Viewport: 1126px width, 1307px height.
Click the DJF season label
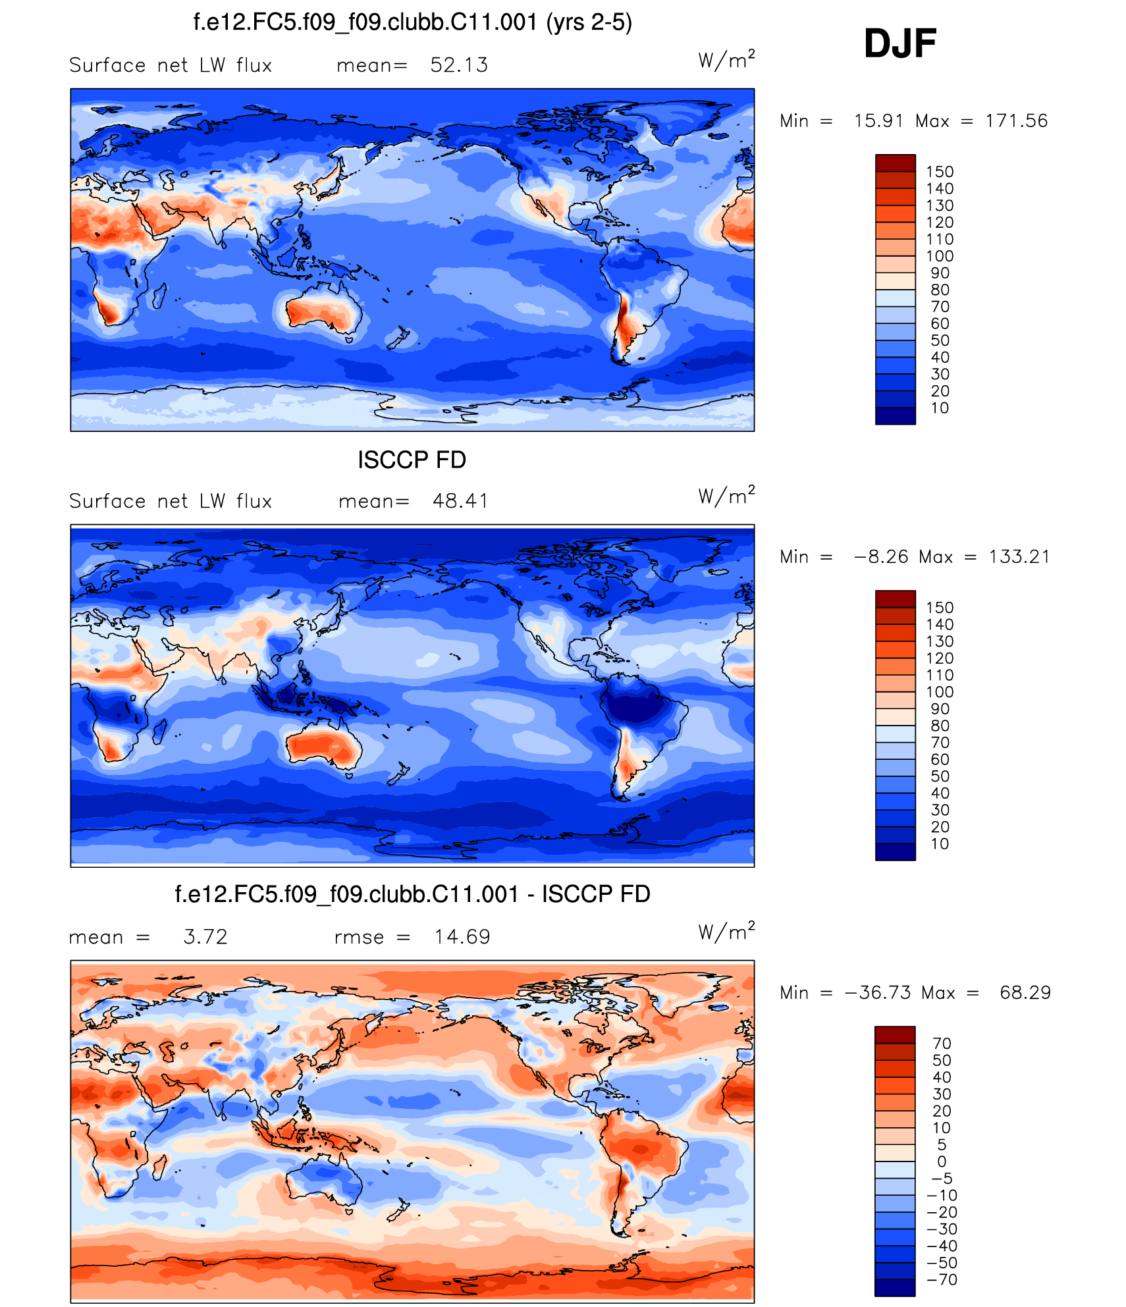click(899, 43)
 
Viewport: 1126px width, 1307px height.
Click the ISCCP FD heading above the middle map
click(412, 460)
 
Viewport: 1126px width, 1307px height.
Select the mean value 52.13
click(459, 65)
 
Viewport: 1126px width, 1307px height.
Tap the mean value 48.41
click(460, 501)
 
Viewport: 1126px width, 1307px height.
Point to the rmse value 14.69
click(462, 936)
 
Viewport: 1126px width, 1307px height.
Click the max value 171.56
click(1016, 121)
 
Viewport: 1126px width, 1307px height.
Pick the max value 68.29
click(1025, 992)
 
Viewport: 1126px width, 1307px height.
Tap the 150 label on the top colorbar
click(940, 172)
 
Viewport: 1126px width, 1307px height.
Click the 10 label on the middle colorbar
click(940, 844)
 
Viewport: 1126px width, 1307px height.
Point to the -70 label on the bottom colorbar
click(942, 1279)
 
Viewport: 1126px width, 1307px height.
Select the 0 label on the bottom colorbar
click(942, 1161)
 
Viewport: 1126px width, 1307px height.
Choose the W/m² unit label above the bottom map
click(726, 932)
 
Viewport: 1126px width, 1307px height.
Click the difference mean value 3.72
click(205, 936)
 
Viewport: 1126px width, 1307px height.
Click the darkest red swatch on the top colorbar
click(895, 163)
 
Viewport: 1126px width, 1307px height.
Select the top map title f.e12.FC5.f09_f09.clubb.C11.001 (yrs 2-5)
click(412, 22)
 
